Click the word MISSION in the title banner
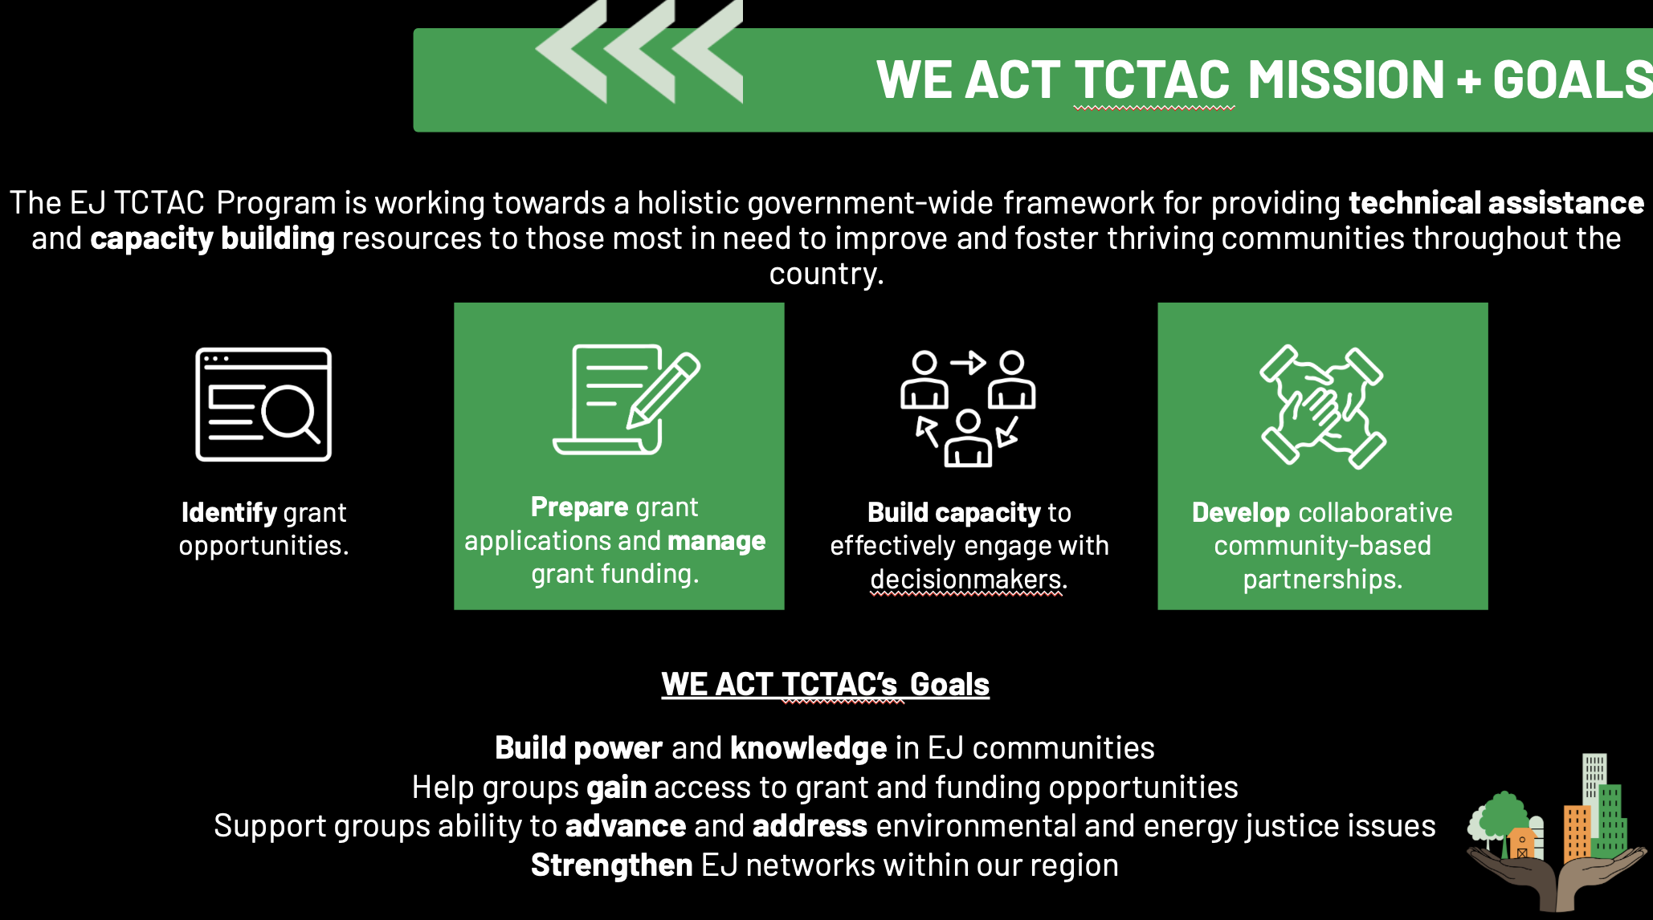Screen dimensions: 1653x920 1346,80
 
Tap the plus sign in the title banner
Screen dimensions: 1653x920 1468,81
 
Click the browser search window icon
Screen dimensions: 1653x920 263,404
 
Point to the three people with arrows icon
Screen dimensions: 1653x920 968,408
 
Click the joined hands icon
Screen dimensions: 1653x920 1323,407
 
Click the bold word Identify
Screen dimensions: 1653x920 229,512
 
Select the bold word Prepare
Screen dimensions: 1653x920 579,507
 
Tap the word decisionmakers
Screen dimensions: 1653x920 966,579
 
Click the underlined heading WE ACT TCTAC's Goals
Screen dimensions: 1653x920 825,685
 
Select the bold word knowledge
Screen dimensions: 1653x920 809,748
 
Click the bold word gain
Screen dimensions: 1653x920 616,788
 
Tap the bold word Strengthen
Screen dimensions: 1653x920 611,865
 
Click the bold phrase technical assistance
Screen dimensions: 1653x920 1496,203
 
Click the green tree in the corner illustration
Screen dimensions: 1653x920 1500,818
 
